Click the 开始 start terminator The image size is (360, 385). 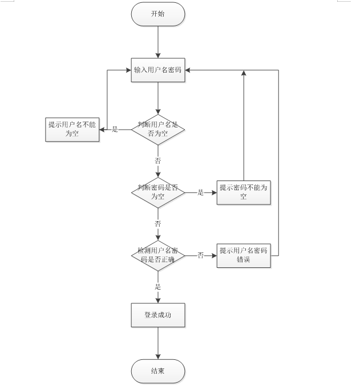pyautogui.click(x=158, y=14)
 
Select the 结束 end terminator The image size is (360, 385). pyautogui.click(x=158, y=371)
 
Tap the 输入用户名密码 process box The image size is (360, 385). pyautogui.click(x=158, y=70)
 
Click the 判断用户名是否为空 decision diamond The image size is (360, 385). pyautogui.click(x=158, y=129)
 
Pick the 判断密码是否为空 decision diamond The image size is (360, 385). pyautogui.click(x=158, y=192)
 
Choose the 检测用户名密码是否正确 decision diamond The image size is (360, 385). pyautogui.click(x=158, y=255)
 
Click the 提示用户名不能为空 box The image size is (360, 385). pyautogui.click(x=72, y=129)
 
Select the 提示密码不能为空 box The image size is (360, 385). pyautogui.click(x=244, y=192)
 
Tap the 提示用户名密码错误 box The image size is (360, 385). pyautogui.click(x=244, y=255)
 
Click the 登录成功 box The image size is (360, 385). pyautogui.click(x=158, y=315)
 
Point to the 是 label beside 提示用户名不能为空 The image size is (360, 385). pyautogui.click(x=115, y=129)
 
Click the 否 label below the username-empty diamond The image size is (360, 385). pyautogui.click(x=158, y=161)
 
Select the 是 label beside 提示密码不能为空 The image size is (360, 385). pyautogui.click(x=201, y=192)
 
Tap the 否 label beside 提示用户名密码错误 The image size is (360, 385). pyautogui.click(x=201, y=255)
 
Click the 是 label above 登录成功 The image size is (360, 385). pyautogui.click(x=158, y=286)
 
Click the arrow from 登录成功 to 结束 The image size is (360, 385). pyautogui.click(x=158, y=343)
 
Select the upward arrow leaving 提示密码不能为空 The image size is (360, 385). pyautogui.click(x=244, y=126)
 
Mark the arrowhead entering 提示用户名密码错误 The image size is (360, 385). pyautogui.click(x=215, y=255)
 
